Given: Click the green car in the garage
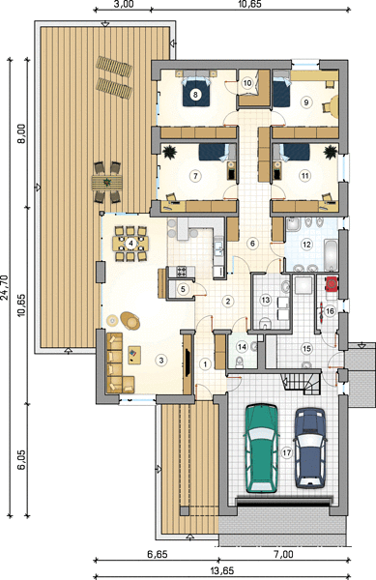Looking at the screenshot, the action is (x=261, y=449).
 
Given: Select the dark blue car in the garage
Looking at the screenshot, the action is (x=310, y=448).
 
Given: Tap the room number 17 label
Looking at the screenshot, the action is (x=286, y=452).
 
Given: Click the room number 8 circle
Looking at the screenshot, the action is (x=195, y=95).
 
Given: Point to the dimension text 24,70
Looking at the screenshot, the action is (x=5, y=287).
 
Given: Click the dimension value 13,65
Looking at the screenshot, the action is (x=222, y=571).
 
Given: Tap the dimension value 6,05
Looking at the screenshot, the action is (x=22, y=459).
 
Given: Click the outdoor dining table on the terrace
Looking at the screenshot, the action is (x=107, y=183).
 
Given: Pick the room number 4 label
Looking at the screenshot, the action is (x=130, y=244).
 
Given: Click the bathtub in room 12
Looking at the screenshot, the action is (x=331, y=255).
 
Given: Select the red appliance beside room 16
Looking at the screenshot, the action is (x=332, y=283).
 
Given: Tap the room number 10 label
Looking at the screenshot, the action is (x=247, y=83).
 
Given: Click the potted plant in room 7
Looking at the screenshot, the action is (x=169, y=152).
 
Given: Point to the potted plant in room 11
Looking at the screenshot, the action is (x=331, y=152).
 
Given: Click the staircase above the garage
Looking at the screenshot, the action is (x=301, y=384).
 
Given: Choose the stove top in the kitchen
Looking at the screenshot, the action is (x=182, y=272).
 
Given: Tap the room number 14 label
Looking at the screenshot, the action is (x=243, y=347).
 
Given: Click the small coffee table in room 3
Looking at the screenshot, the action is (x=134, y=355).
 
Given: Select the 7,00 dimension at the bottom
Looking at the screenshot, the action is (x=284, y=555).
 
